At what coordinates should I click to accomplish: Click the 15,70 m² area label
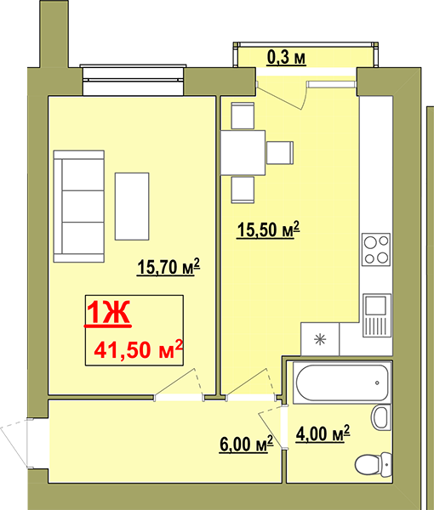click(168, 267)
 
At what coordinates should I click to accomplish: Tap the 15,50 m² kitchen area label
click(268, 229)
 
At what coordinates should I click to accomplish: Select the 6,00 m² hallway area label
click(247, 444)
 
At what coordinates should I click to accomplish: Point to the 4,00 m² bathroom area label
click(323, 433)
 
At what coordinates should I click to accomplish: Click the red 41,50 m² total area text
click(139, 349)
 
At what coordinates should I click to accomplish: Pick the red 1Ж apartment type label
click(108, 313)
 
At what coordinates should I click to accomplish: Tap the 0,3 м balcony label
click(286, 58)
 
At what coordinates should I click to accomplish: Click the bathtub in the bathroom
click(341, 382)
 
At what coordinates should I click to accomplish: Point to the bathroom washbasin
click(381, 417)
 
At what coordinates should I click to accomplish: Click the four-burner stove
click(376, 249)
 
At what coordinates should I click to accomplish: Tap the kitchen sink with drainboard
click(377, 315)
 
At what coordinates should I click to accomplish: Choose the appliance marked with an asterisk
click(320, 339)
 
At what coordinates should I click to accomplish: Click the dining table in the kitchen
click(243, 153)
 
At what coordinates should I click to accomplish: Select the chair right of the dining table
click(280, 152)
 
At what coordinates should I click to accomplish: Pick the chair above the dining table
click(243, 116)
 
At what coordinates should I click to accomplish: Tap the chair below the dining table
click(243, 190)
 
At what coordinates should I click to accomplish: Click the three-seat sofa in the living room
click(79, 207)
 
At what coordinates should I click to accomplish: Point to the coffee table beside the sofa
click(132, 207)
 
